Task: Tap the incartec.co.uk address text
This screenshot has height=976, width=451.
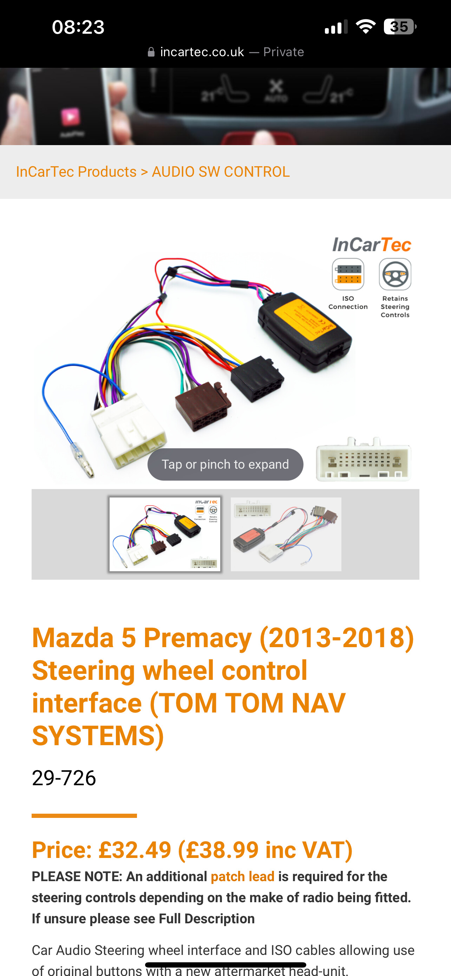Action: point(202,52)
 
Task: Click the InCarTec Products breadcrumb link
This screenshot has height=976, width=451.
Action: point(76,172)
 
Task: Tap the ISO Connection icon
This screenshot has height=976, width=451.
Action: point(348,274)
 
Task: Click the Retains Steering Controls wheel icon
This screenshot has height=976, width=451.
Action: point(394,274)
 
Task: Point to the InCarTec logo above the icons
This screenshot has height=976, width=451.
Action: point(372,245)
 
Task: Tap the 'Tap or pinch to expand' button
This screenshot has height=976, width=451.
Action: point(225,464)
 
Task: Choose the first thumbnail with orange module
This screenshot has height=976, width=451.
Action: point(165,534)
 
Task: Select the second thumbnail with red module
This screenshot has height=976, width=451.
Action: point(286,534)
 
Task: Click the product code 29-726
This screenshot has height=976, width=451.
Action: point(64,778)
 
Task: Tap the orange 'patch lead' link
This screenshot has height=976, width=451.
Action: point(242,876)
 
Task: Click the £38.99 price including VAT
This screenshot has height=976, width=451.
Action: point(265,850)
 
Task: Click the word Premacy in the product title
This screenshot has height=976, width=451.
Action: point(197,638)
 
